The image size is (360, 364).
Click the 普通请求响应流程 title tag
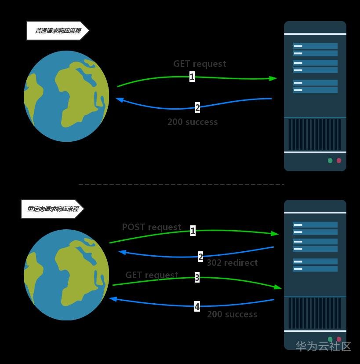[x=57, y=31]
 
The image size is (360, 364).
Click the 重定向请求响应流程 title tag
[x=52, y=209]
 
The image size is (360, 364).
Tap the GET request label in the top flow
[x=200, y=64]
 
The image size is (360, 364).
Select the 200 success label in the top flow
[x=193, y=122]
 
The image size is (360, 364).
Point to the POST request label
[x=152, y=227]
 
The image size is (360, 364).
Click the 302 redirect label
[x=232, y=263]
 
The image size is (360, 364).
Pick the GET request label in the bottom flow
[x=152, y=275]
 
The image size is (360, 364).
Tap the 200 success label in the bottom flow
[x=232, y=314]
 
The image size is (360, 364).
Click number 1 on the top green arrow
[x=192, y=77]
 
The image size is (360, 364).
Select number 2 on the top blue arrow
[x=197, y=107]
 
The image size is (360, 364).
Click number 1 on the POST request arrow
[x=193, y=230]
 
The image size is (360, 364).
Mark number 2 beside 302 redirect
[x=200, y=257]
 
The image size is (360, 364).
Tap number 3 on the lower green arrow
[x=197, y=277]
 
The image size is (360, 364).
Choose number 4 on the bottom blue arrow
[x=197, y=306]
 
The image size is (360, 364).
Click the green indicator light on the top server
[x=330, y=161]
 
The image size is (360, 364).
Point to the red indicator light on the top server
[x=339, y=161]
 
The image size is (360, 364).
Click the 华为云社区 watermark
[x=323, y=346]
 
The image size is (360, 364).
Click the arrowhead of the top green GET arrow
[x=273, y=78]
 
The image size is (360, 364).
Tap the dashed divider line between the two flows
[x=181, y=184]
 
